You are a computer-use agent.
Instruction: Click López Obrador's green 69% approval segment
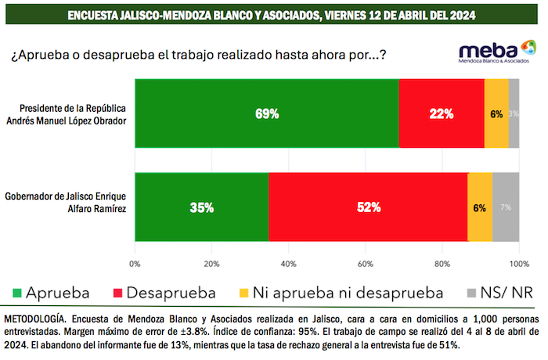click(266, 113)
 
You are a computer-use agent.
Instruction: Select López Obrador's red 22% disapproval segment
click(442, 113)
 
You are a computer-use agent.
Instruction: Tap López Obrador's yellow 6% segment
click(496, 113)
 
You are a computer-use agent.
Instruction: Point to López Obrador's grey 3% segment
click(514, 113)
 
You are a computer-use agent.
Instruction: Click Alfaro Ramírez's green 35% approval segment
click(202, 207)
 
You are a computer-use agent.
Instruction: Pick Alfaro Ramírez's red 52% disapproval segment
click(368, 207)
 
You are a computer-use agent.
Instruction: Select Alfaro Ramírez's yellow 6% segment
click(480, 207)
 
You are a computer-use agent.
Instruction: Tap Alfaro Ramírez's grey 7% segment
click(506, 207)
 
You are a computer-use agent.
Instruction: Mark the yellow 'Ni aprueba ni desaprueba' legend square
click(244, 293)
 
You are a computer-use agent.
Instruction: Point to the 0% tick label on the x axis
click(135, 263)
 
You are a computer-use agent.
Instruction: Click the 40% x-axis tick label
click(288, 263)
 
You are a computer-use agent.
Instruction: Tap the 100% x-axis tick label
click(518, 263)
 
